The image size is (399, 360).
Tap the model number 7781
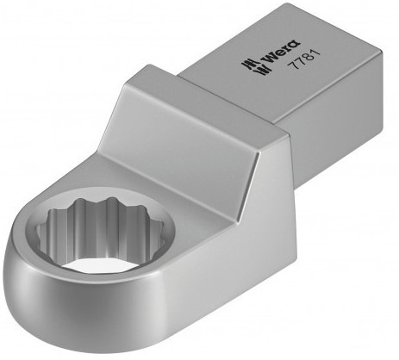coord(304,59)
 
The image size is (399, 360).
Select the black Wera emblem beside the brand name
coord(252,66)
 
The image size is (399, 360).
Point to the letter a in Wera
coord(295,43)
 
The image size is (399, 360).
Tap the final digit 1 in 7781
coord(315,53)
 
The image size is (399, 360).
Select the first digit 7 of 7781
coord(293,64)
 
